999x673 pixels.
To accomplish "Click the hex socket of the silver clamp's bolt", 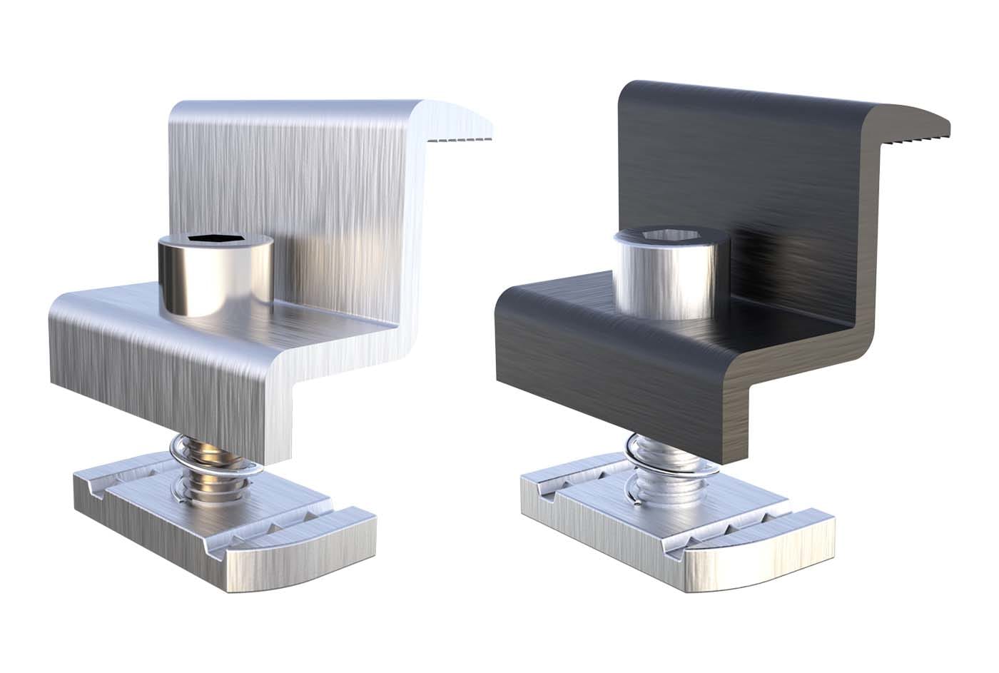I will (x=214, y=241).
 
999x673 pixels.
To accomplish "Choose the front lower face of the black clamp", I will (x=607, y=385).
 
